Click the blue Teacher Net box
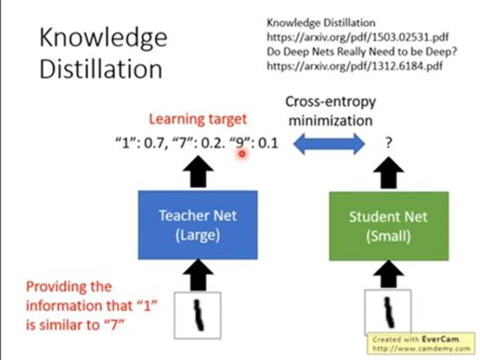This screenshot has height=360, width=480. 198,225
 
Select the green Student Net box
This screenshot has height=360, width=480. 389,226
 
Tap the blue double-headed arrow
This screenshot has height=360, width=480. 329,143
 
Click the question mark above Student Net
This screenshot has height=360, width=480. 389,143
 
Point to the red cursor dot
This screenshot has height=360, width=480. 242,154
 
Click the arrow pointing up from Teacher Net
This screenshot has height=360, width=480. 198,171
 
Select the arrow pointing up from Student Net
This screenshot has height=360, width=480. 389,173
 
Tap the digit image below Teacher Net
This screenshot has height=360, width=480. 198,315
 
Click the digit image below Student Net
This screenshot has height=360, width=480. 388,312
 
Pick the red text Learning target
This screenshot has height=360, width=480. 198,119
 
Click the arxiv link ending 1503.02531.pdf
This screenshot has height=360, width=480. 357,37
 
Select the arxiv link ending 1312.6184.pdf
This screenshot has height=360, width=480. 355,66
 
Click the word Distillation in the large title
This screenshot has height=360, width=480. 101,69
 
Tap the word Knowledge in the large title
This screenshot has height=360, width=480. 103,38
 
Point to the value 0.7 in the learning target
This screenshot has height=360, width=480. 155,143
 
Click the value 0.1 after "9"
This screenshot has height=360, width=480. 268,143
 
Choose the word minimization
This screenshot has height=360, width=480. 331,120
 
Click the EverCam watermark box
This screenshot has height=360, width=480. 421,343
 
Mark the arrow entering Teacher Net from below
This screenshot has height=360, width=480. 198,275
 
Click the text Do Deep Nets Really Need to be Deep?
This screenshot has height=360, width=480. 362,51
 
